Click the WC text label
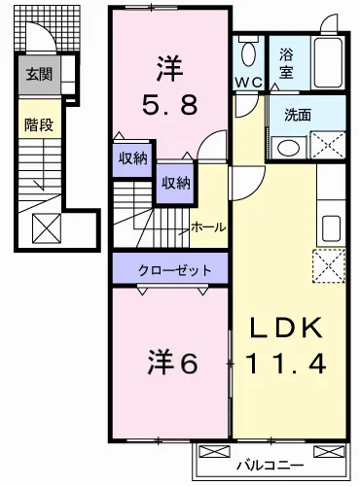pos(246,83)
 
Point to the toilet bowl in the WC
pos(248,52)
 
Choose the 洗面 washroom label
pos(297,114)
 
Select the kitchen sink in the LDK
pos(331,225)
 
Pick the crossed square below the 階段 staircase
pos(46,228)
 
